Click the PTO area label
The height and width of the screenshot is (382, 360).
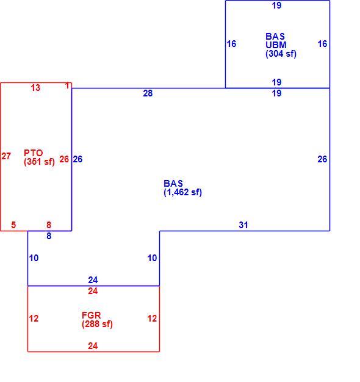tap(34, 153)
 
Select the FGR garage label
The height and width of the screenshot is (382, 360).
tap(92, 315)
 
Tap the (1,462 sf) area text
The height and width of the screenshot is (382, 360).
tap(182, 192)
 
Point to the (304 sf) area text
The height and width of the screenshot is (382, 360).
tap(281, 54)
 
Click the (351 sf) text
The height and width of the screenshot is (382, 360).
tap(39, 162)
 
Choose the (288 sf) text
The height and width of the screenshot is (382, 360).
tap(97, 324)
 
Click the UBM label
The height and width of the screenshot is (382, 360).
tap(276, 45)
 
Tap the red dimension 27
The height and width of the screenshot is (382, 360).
tap(6, 156)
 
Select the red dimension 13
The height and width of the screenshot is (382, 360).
tap(35, 88)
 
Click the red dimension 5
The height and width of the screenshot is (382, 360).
tap(13, 225)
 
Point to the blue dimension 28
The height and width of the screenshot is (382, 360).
tap(148, 93)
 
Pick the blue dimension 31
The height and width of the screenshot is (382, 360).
tap(243, 225)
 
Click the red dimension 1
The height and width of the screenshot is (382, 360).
tap(68, 85)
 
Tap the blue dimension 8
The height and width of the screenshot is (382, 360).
tap(49, 236)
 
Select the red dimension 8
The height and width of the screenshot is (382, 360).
tap(49, 225)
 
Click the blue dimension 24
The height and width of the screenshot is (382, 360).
tap(93, 280)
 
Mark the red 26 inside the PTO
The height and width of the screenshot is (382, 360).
tap(64, 159)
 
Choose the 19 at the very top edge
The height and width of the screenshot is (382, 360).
tap(276, 5)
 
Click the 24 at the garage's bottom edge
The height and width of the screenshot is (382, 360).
tap(93, 346)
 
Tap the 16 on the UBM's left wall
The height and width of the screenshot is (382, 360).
tap(231, 44)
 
